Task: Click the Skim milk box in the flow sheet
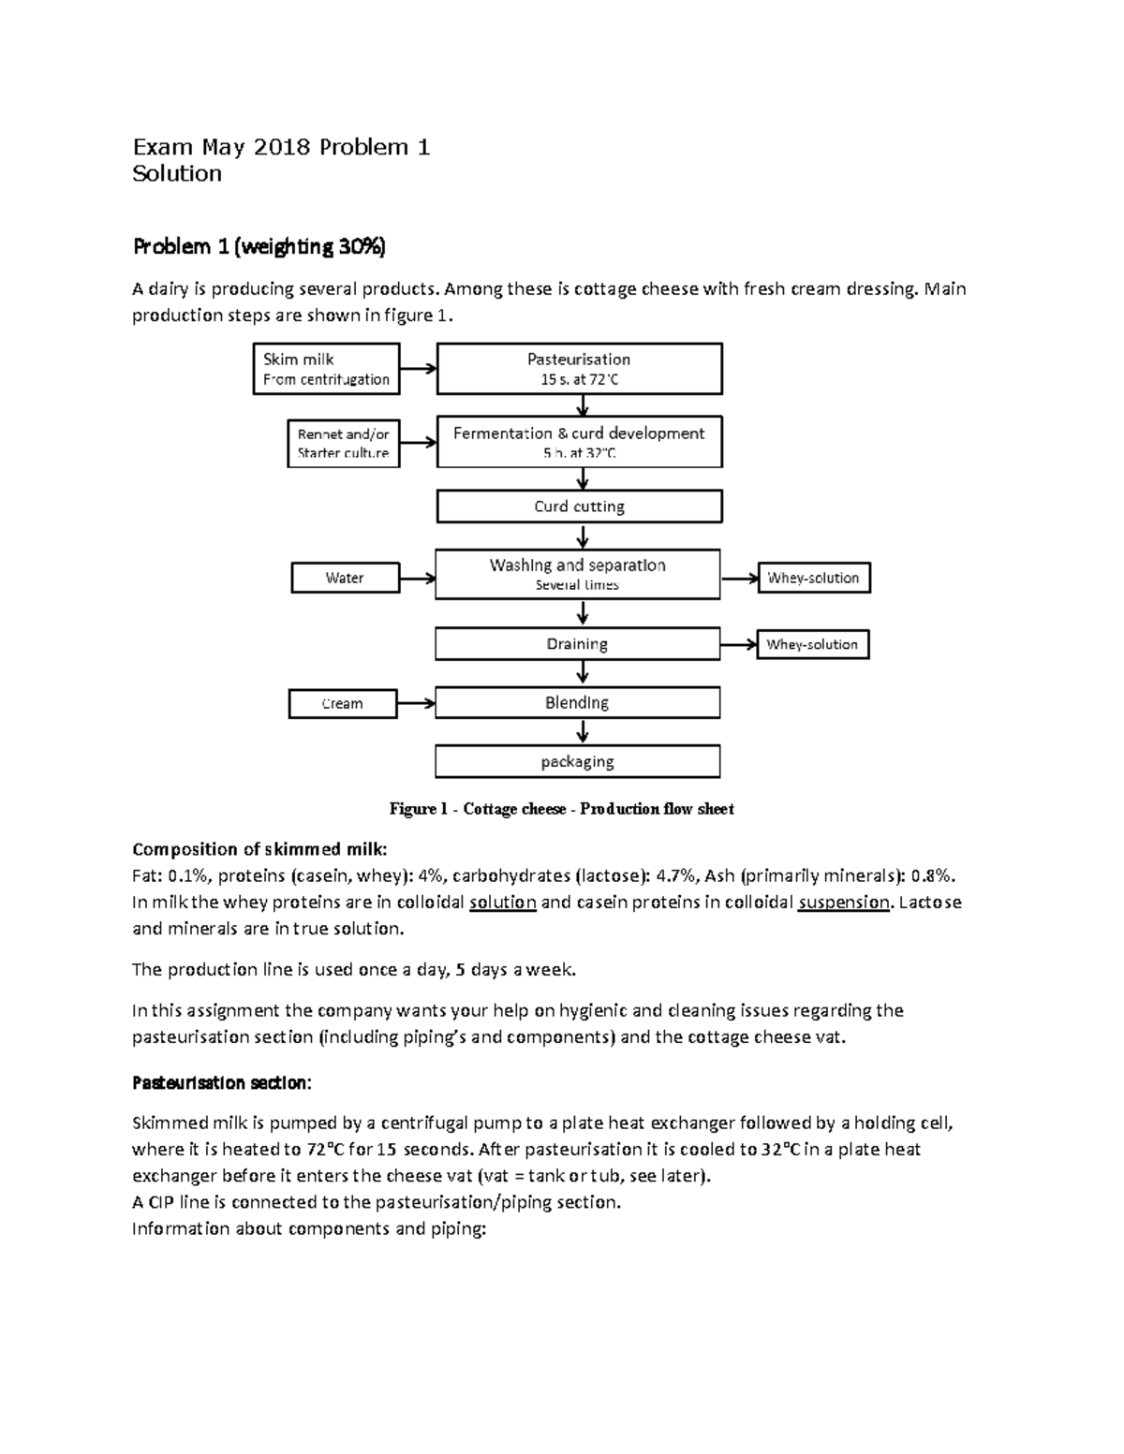point(326,369)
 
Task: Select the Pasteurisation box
point(579,369)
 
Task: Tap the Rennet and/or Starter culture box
point(343,443)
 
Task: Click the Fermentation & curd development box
point(579,442)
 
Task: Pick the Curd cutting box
point(579,507)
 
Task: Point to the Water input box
point(345,578)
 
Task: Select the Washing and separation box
point(577,574)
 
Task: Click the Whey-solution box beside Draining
point(812,644)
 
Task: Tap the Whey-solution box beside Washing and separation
point(813,578)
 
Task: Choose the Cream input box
point(342,703)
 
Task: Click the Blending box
point(577,703)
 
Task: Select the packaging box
point(577,761)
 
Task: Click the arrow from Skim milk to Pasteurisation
point(419,369)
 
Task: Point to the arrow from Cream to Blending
point(416,703)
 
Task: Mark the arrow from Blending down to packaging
point(583,732)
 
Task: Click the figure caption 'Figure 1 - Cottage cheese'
point(561,809)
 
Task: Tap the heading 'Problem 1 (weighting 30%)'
point(259,246)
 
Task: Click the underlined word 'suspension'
point(843,903)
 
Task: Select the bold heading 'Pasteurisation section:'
point(221,1082)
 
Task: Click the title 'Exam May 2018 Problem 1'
point(281,147)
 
